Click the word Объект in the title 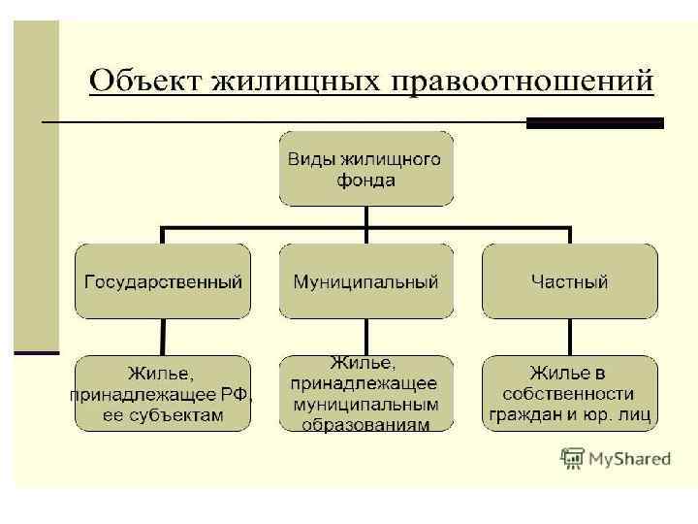click(x=142, y=79)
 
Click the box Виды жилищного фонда click(x=365, y=169)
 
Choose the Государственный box click(x=163, y=280)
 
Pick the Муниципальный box click(x=365, y=280)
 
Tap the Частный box click(x=569, y=280)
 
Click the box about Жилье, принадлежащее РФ click(x=163, y=393)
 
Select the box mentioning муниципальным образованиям click(x=365, y=393)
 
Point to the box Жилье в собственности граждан click(x=569, y=393)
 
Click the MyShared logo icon click(x=572, y=458)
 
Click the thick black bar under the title click(x=594, y=123)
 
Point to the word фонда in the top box click(x=365, y=180)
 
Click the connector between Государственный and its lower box click(x=163, y=337)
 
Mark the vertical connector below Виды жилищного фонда click(x=365, y=217)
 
